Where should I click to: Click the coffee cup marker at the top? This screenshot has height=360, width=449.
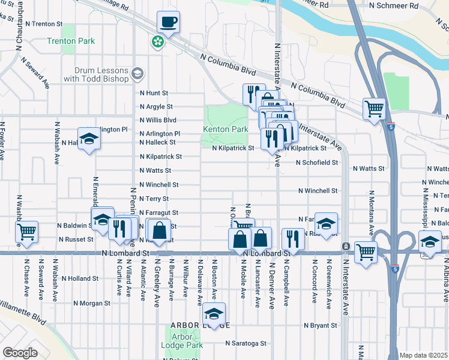(169, 23)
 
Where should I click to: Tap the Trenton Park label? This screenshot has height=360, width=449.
(71, 41)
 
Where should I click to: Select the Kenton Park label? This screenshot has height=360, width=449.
(226, 129)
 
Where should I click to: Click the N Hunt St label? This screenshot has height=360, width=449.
(154, 93)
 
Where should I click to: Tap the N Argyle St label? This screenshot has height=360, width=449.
(156, 106)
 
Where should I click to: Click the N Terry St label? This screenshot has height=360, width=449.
(154, 199)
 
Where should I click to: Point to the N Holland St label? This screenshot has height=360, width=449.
(79, 278)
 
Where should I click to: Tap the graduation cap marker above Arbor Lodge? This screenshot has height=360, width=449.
(214, 314)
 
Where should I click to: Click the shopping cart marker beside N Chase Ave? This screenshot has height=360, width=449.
(27, 231)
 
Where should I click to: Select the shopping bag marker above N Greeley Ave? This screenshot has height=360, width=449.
(159, 231)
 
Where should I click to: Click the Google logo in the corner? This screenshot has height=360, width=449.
(20, 353)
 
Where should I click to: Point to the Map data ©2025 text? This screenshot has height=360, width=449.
(423, 355)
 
